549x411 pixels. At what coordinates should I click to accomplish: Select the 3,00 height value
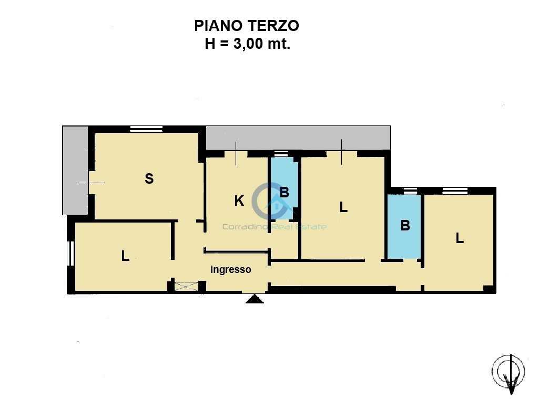[248, 44]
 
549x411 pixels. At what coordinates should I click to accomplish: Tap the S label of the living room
[149, 178]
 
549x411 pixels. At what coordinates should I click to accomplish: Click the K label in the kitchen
[239, 201]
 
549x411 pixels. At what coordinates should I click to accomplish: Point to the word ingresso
[231, 269]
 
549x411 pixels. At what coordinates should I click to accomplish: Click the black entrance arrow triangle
[255, 299]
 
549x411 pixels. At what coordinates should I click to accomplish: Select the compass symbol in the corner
[509, 373]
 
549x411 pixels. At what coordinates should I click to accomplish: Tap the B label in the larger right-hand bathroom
[405, 225]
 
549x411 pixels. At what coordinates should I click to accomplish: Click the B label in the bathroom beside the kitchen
[284, 192]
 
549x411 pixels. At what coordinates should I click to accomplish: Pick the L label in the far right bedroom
[460, 238]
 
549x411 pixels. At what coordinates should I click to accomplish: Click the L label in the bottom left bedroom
[125, 256]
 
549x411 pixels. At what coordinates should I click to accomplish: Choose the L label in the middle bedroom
[343, 207]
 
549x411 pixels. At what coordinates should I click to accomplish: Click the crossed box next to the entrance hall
[186, 287]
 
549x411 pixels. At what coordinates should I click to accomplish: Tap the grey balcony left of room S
[75, 170]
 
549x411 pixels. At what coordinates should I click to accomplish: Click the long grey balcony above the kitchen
[298, 138]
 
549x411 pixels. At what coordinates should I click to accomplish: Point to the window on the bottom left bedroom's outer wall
[70, 254]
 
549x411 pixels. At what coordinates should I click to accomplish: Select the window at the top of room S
[146, 129]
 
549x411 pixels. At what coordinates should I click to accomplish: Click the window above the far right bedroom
[455, 191]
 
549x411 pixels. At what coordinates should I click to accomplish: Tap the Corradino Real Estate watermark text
[274, 227]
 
